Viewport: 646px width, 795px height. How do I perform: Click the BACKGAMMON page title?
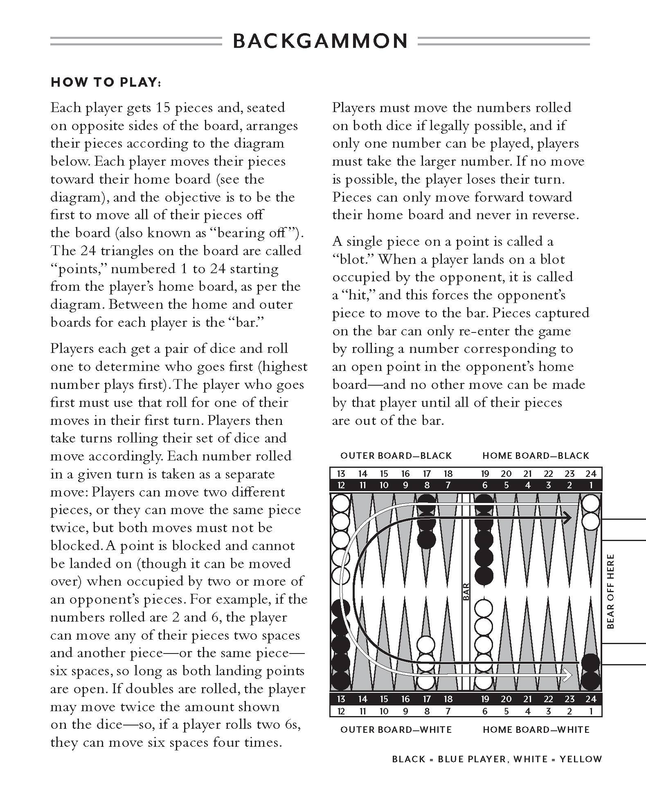pos(320,41)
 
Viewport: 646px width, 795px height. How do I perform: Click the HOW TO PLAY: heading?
pos(105,82)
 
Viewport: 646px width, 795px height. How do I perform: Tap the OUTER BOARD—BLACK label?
pos(396,456)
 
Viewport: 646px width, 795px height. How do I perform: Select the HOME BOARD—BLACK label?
pos(536,456)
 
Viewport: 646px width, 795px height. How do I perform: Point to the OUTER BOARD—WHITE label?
pos(396,730)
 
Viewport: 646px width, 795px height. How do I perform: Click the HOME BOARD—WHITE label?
pos(536,730)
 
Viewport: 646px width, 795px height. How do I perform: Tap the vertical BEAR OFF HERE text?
pos(611,591)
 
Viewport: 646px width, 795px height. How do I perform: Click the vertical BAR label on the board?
pos(466,592)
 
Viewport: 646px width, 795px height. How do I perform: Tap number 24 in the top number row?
pos(590,474)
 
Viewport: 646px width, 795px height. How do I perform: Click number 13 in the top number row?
pos(341,474)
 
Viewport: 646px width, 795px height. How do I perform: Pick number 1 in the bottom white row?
pos(591,711)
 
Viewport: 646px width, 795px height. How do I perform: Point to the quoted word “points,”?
pos(77,269)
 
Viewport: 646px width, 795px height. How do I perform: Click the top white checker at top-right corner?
pos(590,503)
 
